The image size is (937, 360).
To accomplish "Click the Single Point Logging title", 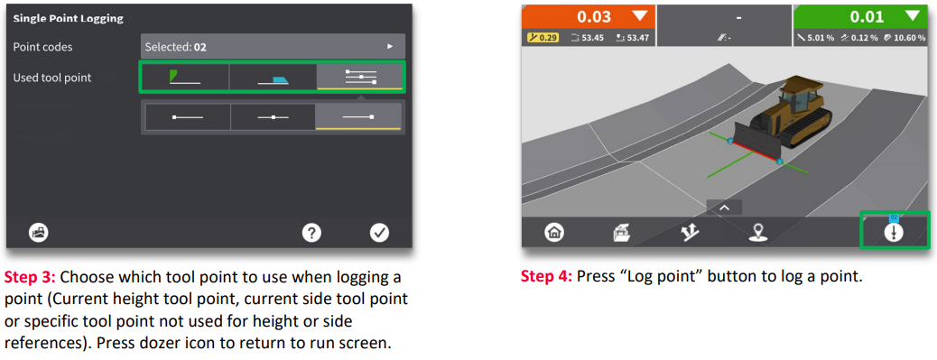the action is (68, 19).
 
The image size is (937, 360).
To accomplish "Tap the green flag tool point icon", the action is (184, 77).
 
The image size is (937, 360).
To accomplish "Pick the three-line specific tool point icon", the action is (361, 77).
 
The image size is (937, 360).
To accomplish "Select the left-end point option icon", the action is (188, 117).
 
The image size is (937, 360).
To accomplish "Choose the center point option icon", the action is (274, 117).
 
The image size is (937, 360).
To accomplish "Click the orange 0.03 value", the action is (595, 17).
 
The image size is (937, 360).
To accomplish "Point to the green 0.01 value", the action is (867, 17).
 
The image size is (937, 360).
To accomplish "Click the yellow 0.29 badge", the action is (543, 38).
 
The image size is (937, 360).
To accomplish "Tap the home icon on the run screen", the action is (554, 233).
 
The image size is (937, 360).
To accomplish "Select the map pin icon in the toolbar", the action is (757, 233).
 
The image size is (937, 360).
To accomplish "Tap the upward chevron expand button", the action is (724, 208).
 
